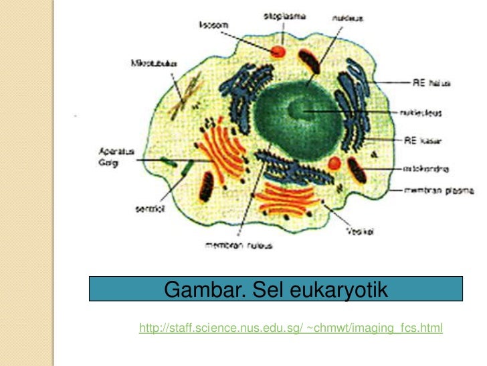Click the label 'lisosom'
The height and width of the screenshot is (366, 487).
[x=213, y=25]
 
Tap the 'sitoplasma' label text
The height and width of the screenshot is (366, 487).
[x=283, y=15]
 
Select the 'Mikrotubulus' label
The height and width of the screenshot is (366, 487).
[x=154, y=64]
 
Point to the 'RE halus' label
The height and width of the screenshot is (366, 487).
[x=435, y=83]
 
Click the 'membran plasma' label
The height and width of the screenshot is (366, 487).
[x=439, y=190]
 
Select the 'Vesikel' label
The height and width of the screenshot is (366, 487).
[x=359, y=232]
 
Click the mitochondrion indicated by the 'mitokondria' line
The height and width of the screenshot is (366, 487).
[x=356, y=170]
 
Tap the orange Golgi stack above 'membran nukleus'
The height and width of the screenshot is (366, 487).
[x=286, y=198]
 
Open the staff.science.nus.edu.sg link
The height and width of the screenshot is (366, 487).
[x=290, y=328]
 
